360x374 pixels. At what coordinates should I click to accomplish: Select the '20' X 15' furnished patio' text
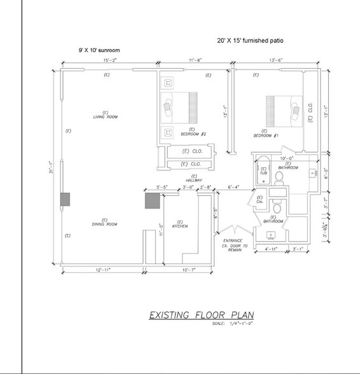[x=251, y=41]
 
